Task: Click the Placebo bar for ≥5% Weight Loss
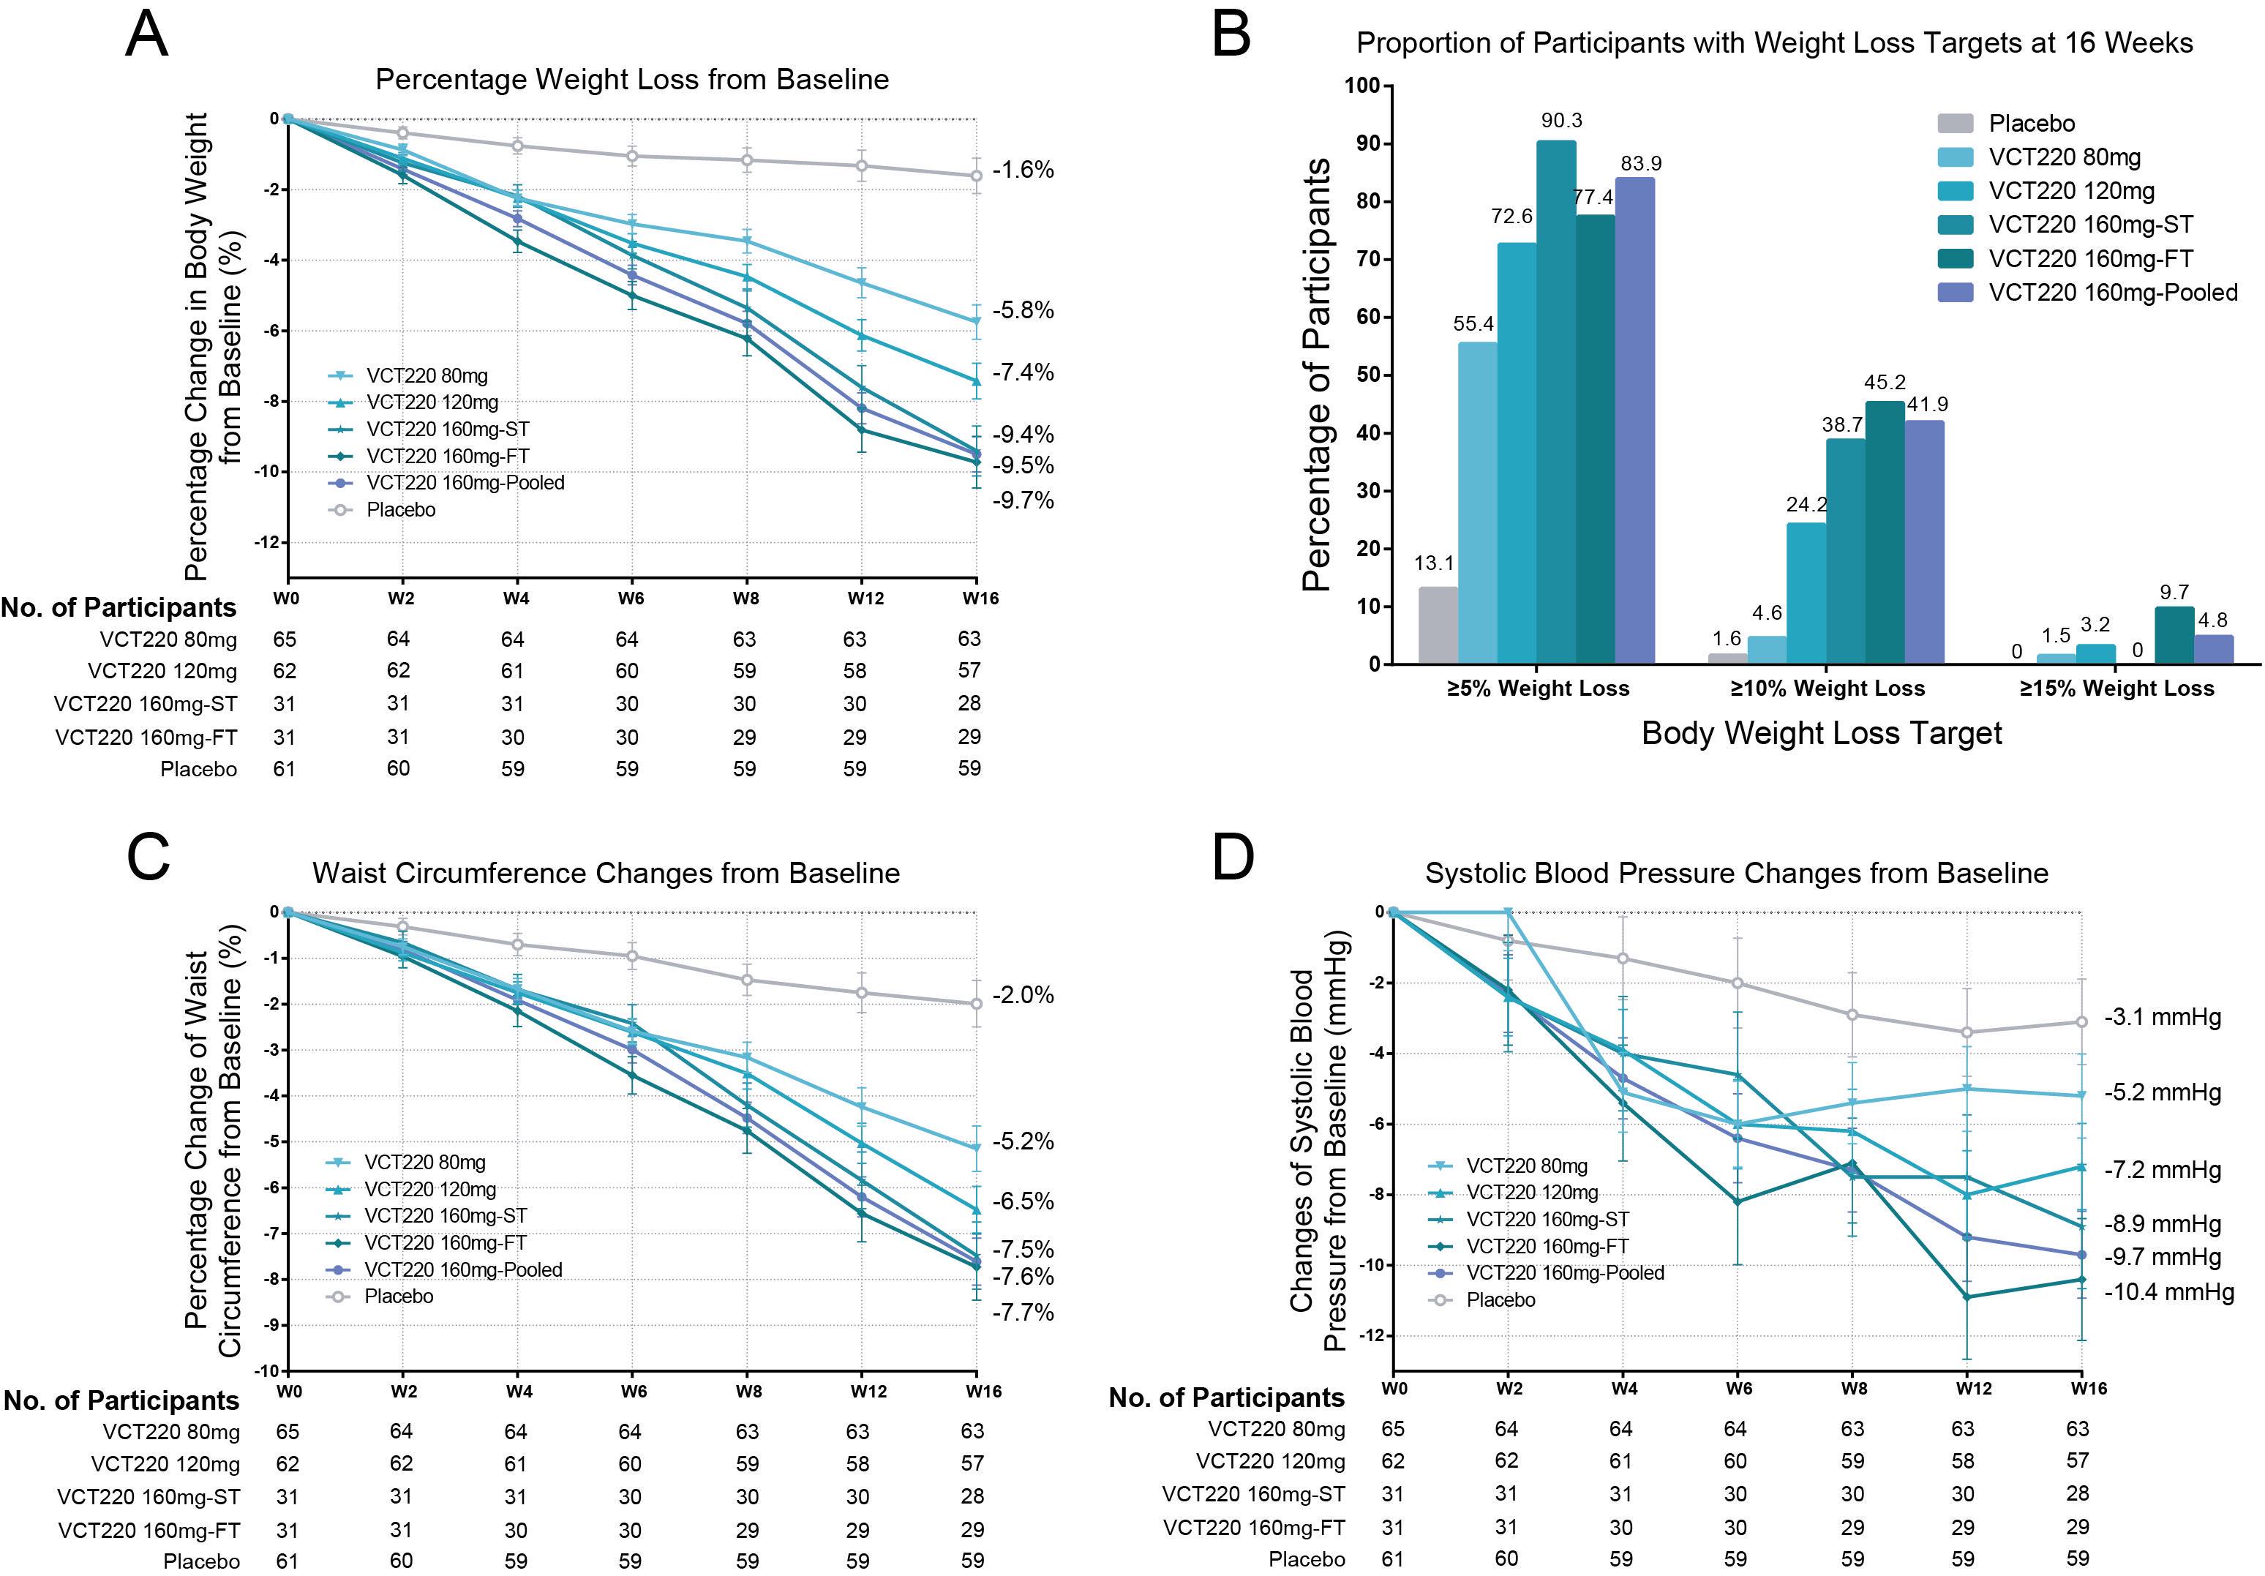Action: click(1438, 625)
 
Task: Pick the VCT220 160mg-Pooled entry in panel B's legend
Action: click(2112, 292)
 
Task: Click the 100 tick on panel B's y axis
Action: click(1361, 86)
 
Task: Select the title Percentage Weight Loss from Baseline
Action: click(632, 79)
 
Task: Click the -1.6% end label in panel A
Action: click(1023, 170)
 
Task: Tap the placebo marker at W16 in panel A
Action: click(976, 176)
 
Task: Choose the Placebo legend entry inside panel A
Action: click(399, 510)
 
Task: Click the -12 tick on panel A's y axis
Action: click(266, 543)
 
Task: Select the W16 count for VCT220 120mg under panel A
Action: click(969, 671)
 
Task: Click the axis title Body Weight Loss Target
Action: click(1821, 733)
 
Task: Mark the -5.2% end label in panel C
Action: click(1023, 1142)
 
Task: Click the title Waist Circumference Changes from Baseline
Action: click(606, 874)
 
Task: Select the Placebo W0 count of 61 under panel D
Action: click(1392, 1559)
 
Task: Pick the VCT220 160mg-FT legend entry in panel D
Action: click(1546, 1247)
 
